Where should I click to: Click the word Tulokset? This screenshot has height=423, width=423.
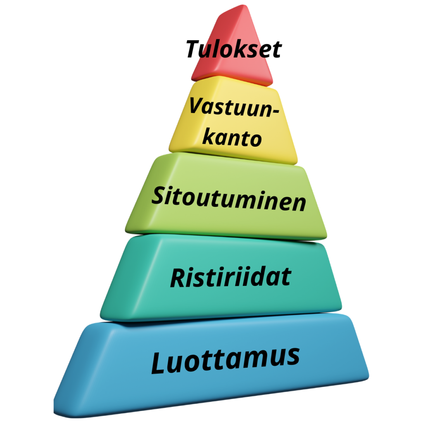(x=233, y=49)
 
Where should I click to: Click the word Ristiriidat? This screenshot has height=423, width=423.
(x=231, y=277)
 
